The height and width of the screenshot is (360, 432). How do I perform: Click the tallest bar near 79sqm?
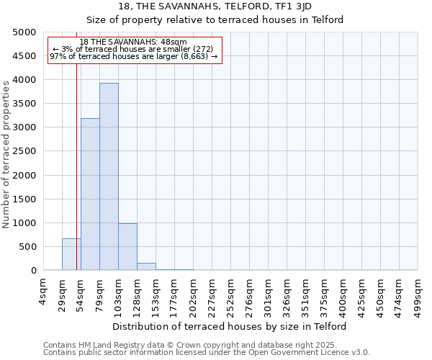(x=109, y=176)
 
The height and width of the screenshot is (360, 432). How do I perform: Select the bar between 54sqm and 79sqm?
(x=90, y=194)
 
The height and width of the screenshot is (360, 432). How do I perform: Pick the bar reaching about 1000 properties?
(x=127, y=247)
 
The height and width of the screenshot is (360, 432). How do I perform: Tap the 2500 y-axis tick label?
(x=24, y=151)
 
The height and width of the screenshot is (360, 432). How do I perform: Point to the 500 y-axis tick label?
(x=27, y=247)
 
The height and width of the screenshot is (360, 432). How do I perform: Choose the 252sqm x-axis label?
(x=230, y=294)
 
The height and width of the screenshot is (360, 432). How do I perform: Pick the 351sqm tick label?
(x=305, y=294)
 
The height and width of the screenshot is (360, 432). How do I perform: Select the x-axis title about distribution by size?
(x=230, y=326)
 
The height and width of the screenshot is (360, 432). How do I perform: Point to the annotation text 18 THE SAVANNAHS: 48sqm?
(x=133, y=42)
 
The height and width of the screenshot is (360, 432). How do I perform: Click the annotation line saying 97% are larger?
(x=133, y=56)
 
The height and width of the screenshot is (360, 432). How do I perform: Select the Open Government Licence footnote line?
(x=207, y=353)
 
